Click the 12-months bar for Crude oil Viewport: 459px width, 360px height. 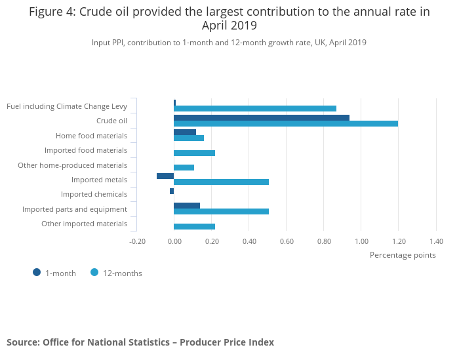tap(286, 123)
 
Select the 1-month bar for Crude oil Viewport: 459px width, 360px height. tap(262, 117)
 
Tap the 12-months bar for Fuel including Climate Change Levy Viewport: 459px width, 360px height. tap(255, 108)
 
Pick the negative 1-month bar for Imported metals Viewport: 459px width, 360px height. tap(165, 176)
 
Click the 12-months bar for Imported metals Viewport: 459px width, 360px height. tap(221, 182)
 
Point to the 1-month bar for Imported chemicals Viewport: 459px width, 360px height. tap(172, 191)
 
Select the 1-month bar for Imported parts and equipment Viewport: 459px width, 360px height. tap(187, 205)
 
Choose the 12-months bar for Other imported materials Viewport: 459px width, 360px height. tap(194, 226)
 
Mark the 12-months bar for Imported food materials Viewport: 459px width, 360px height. tap(194, 153)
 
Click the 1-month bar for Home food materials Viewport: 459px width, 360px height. tap(185, 132)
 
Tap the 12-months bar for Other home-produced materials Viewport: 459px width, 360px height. tap(184, 167)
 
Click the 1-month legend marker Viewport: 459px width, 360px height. tap(37, 272)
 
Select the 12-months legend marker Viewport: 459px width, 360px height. tap(94, 272)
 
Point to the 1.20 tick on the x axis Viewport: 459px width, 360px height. tap(398, 241)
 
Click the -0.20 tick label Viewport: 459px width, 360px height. tap(137, 241)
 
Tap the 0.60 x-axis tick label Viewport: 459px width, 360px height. tap(287, 241)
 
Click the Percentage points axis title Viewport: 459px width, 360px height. tap(403, 254)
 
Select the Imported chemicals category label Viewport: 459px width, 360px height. tap(94, 194)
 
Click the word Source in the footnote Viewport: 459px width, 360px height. tap(22, 342)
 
